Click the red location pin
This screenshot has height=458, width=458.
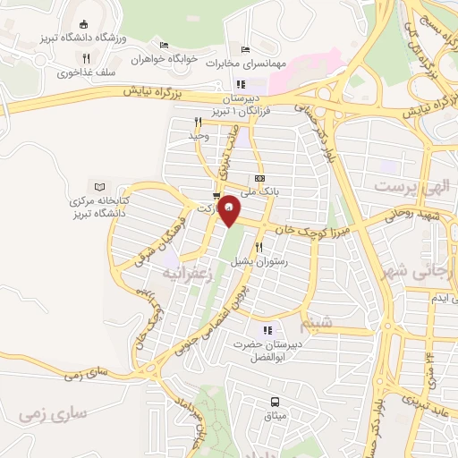(x=230, y=210)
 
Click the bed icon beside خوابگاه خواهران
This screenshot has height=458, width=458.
(x=162, y=45)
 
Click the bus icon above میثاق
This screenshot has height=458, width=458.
(x=275, y=403)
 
